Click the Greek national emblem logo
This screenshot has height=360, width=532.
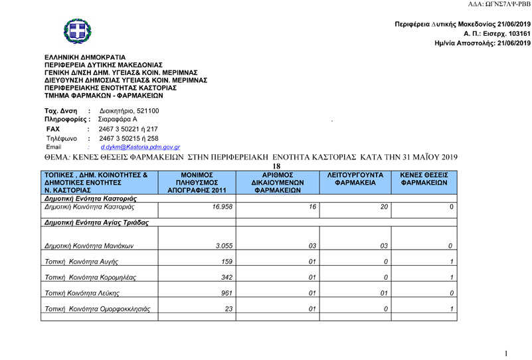78,31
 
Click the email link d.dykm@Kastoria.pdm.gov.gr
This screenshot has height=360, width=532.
140,147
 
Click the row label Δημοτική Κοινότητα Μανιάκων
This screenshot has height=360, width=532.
90,245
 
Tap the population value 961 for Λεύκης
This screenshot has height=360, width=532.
223,293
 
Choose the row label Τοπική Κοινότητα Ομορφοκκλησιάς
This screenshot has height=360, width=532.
98,309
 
